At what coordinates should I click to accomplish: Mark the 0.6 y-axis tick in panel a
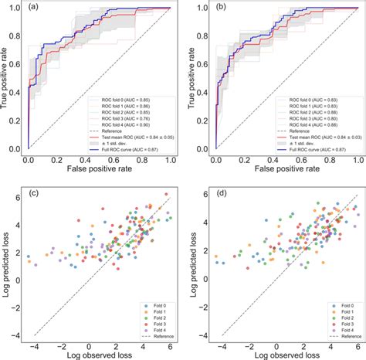click(17, 65)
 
